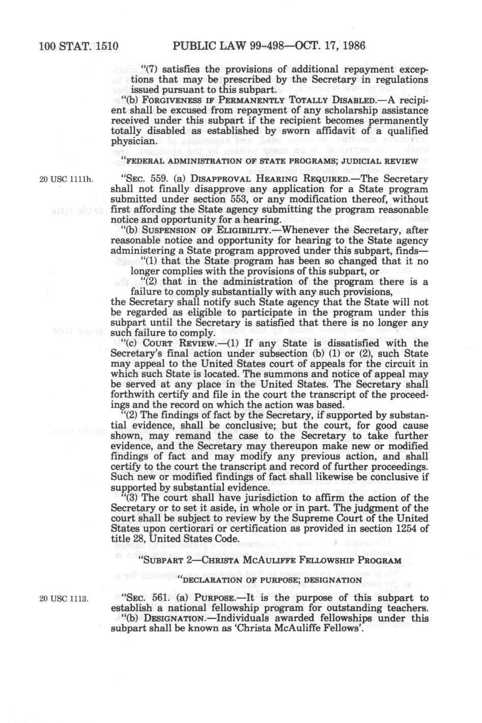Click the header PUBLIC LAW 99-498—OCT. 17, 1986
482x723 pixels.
tap(269, 46)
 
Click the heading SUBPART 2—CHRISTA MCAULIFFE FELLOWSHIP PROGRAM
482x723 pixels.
tap(270, 560)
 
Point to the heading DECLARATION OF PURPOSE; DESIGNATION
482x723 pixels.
tap(269, 580)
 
